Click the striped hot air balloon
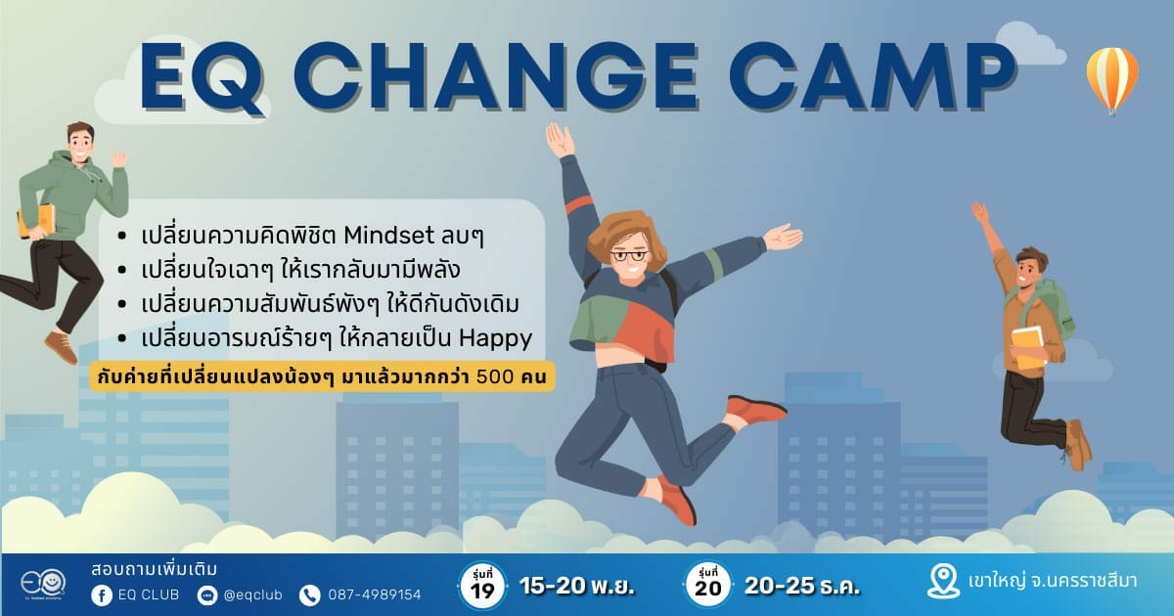1111,81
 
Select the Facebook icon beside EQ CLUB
102,595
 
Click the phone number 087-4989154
375,595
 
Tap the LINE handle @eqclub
252,595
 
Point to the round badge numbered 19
482,586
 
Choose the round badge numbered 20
708,586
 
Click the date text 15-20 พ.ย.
577,586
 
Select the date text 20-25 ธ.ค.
802,586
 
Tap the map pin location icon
943,582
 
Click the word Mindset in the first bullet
388,236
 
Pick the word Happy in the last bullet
495,339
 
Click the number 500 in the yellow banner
495,376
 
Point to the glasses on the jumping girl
629,256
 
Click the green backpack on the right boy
1054,308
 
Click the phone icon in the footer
310,595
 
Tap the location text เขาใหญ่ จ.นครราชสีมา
1053,582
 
